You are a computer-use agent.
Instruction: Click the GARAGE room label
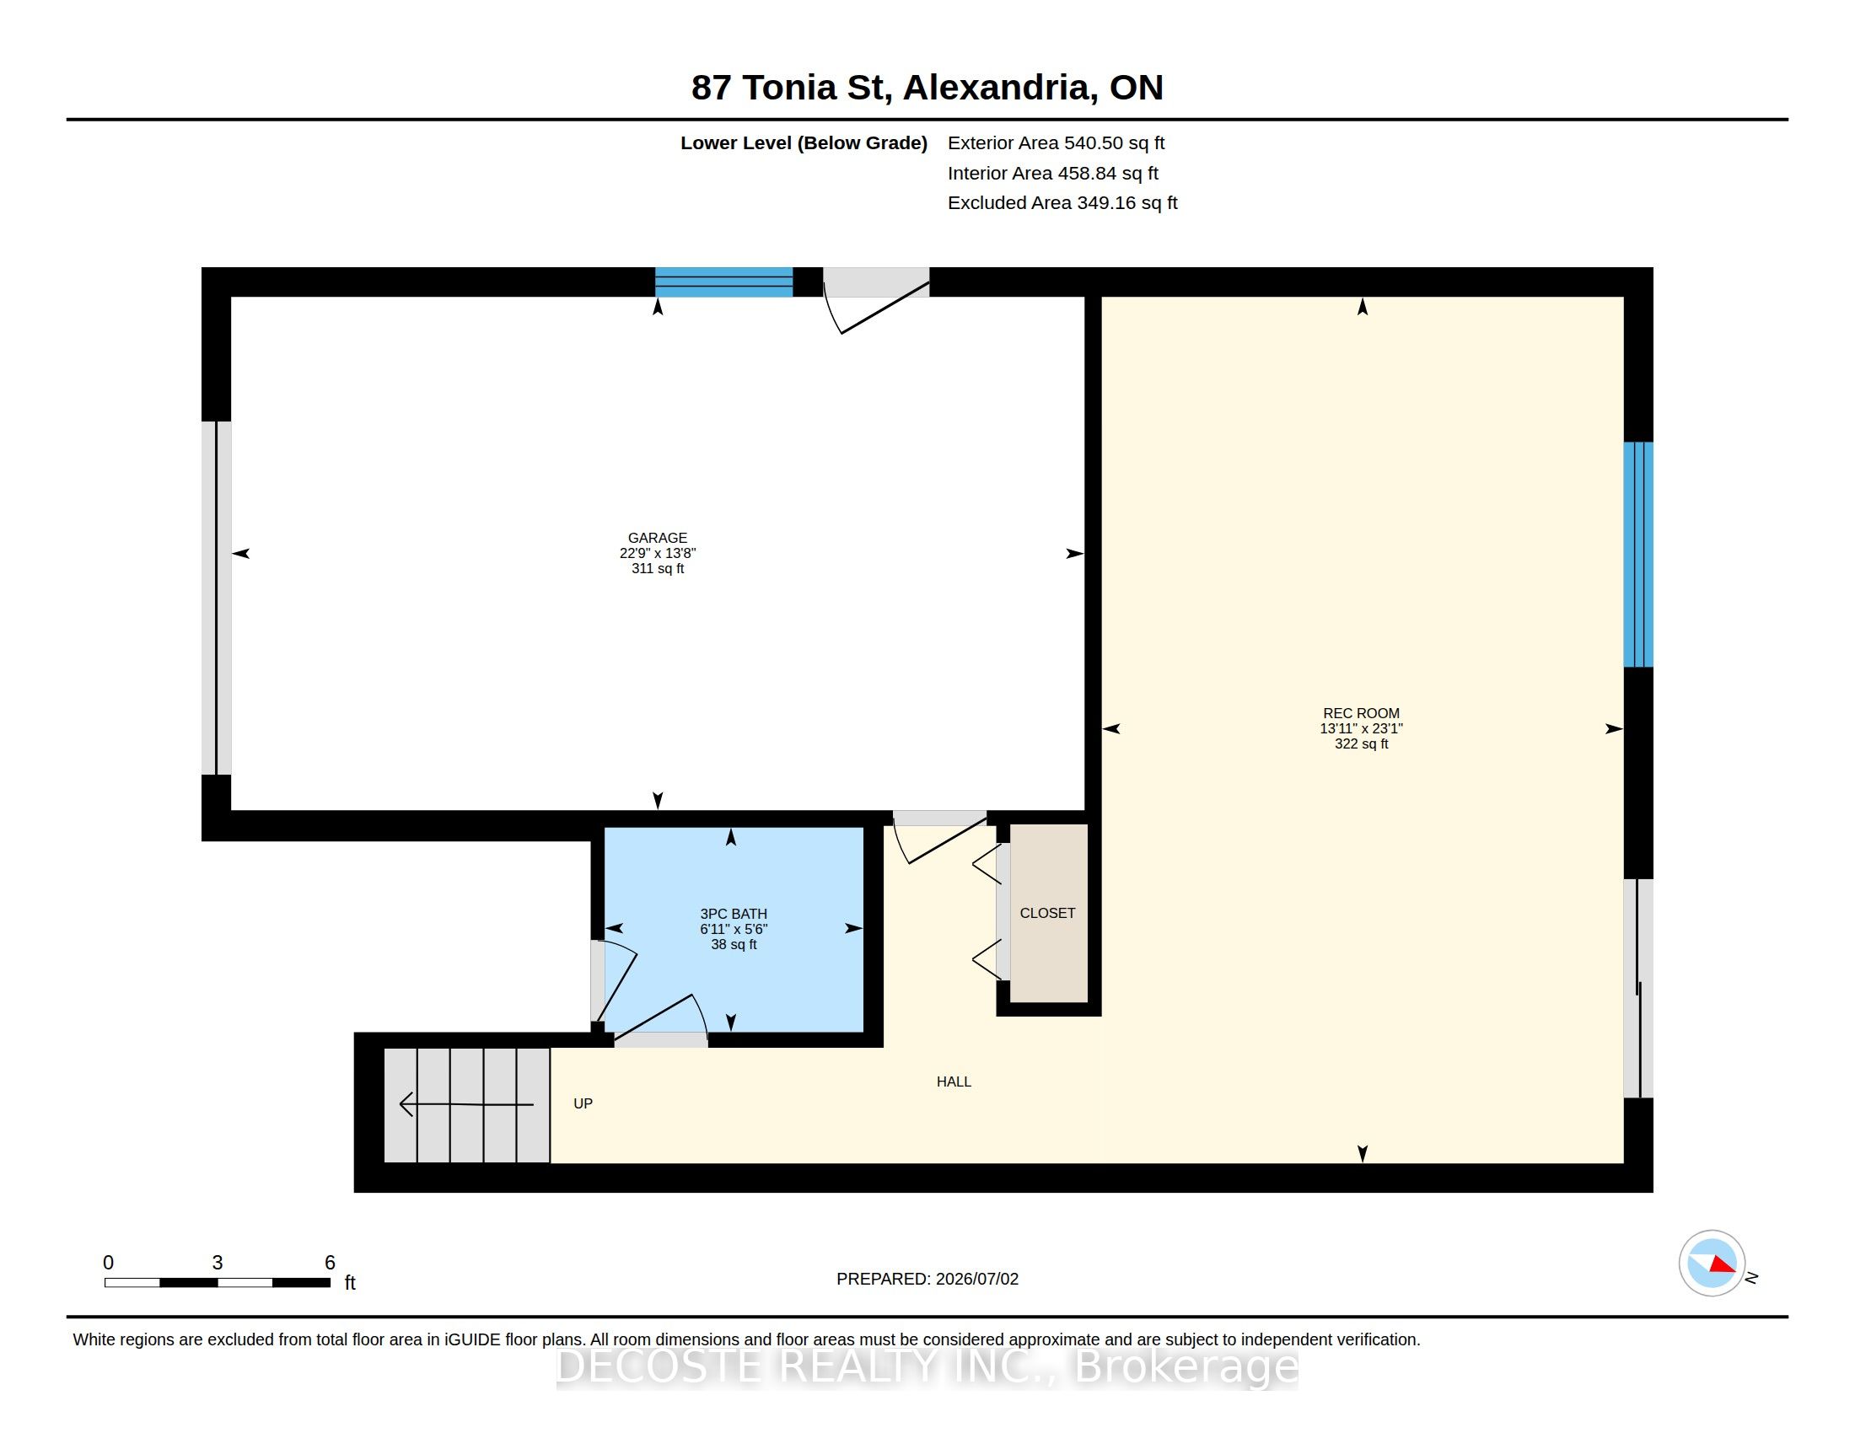tap(658, 538)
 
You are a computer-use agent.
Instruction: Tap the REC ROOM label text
tap(1361, 713)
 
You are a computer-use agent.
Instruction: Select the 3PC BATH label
tap(733, 914)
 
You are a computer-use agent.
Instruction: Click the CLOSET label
tap(1047, 913)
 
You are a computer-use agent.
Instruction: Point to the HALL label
tap(954, 1081)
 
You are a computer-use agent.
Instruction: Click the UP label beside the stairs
tap(583, 1103)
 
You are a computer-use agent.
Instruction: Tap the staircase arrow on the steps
tap(466, 1104)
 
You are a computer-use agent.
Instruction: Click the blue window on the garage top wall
tap(723, 282)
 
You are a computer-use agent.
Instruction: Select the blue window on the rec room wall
tap(1638, 555)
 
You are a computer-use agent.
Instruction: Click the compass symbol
tap(1712, 1264)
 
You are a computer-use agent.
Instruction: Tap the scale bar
tap(218, 1283)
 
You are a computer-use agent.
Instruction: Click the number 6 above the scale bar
tap(330, 1263)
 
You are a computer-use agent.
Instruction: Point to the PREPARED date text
tap(927, 1279)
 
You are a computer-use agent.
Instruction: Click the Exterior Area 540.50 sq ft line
tap(1056, 142)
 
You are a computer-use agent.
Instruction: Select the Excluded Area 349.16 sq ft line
tap(1062, 203)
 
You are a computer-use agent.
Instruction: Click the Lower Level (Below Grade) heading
tap(804, 142)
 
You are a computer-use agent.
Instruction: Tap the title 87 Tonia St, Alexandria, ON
tap(927, 88)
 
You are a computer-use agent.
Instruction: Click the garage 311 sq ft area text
tap(658, 568)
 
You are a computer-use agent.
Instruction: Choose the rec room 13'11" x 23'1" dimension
tap(1361, 728)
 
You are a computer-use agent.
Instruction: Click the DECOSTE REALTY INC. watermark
tap(927, 1366)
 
